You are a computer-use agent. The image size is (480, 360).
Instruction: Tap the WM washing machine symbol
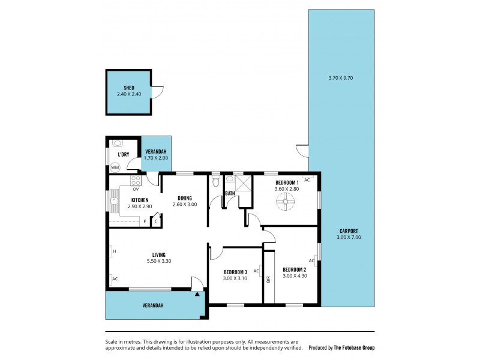(x=115, y=167)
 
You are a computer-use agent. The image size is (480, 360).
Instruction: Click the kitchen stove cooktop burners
(x=136, y=179)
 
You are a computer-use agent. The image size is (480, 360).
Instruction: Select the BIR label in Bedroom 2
(x=268, y=278)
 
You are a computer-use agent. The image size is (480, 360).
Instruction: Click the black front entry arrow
(x=197, y=293)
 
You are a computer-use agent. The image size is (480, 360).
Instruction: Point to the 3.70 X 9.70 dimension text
(x=341, y=78)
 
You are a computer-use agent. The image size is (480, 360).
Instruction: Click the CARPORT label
(x=348, y=230)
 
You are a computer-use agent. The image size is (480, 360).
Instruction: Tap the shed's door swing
(x=157, y=92)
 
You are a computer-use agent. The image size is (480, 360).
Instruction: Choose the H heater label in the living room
(x=114, y=251)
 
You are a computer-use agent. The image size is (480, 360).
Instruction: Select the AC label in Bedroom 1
(x=306, y=180)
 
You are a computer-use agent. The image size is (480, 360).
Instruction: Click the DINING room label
(x=184, y=198)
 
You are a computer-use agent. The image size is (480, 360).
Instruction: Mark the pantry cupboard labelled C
(x=156, y=221)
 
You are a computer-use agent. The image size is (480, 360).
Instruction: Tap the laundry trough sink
(x=118, y=143)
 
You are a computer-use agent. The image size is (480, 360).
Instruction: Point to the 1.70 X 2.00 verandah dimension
(x=155, y=158)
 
